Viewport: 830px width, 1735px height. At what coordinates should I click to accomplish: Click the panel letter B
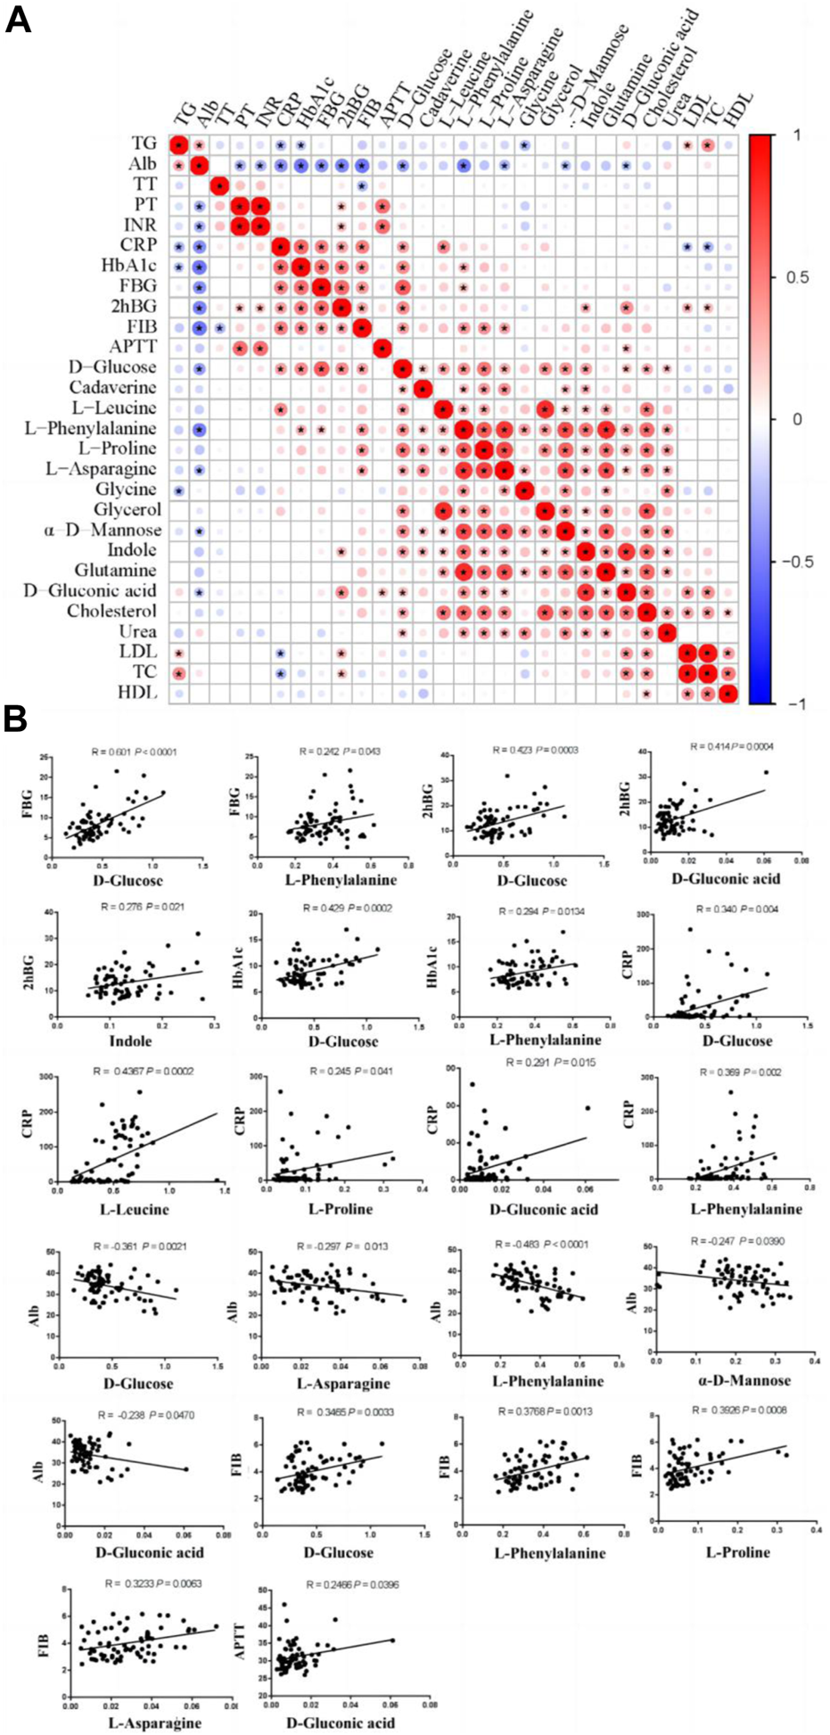click(x=16, y=719)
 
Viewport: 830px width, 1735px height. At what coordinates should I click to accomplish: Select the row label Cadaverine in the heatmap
click(x=112, y=388)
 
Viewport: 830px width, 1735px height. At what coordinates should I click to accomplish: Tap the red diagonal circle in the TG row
click(x=179, y=144)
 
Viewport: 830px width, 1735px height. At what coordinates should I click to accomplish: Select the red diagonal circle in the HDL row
click(x=728, y=693)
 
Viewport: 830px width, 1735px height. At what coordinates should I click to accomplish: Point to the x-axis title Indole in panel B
click(x=130, y=1040)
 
